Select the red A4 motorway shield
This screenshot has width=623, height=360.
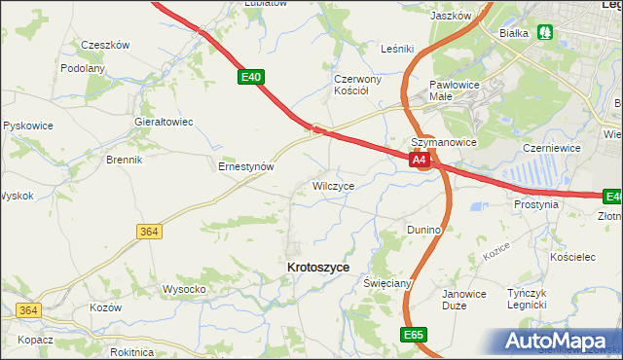click(x=420, y=160)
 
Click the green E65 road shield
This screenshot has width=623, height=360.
click(x=413, y=334)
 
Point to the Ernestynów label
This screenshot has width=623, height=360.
click(x=244, y=166)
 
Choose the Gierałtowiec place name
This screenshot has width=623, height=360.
click(x=164, y=122)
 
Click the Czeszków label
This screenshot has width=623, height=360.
click(x=105, y=45)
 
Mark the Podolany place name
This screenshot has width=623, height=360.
click(x=83, y=68)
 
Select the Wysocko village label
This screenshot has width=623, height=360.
click(x=183, y=289)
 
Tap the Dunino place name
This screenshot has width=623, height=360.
click(x=423, y=230)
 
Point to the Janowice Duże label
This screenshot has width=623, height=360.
click(x=463, y=299)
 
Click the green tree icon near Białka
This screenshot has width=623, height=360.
click(x=546, y=32)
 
